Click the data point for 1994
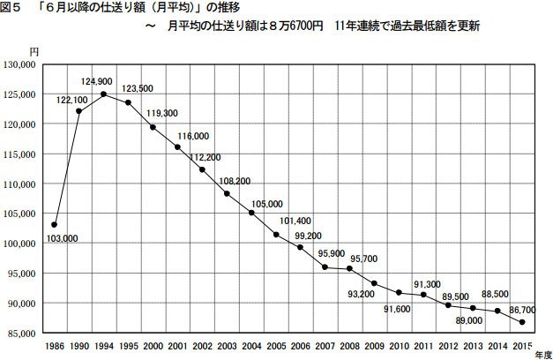tap(104, 94)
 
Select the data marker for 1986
tap(55, 225)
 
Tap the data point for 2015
tap(523, 323)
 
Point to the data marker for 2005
tap(276, 235)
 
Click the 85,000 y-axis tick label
tap(20, 333)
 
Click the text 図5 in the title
tap(14, 9)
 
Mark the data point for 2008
tap(350, 267)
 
